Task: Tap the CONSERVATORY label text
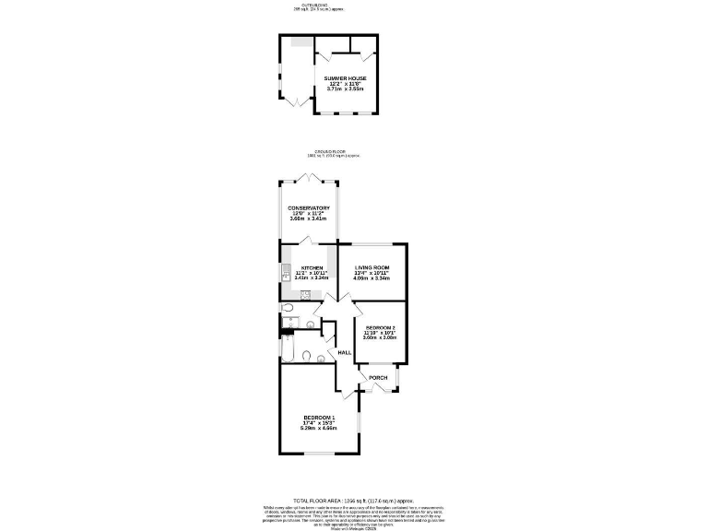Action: [309, 208]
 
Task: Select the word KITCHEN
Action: [312, 267]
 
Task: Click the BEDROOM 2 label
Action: [380, 328]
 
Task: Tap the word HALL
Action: [344, 353]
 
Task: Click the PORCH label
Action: [378, 378]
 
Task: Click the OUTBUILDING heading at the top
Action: [305, 5]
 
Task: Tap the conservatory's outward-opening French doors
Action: [309, 177]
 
